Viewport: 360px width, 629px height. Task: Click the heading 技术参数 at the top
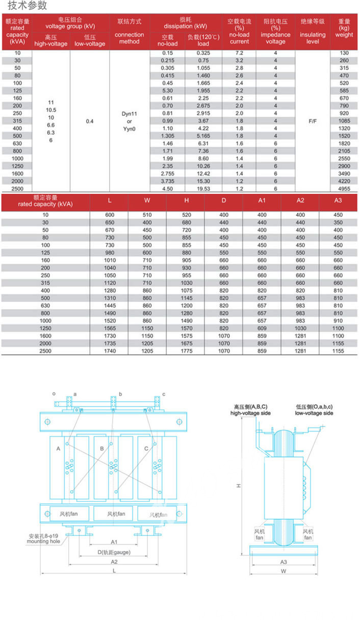[x=28, y=6]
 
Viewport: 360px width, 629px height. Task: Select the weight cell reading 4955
[x=344, y=189]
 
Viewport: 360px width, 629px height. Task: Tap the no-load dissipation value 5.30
[x=168, y=90]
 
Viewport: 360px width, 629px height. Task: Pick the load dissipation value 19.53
[x=203, y=189]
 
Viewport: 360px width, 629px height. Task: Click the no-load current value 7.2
[x=239, y=53]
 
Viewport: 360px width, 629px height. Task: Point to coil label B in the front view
[x=102, y=448]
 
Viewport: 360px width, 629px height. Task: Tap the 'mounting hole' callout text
[x=43, y=541]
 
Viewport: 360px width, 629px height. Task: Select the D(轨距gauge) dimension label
[x=114, y=552]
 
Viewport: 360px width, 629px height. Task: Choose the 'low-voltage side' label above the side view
[x=314, y=413]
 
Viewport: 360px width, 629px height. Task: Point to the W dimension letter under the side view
[x=283, y=571]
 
